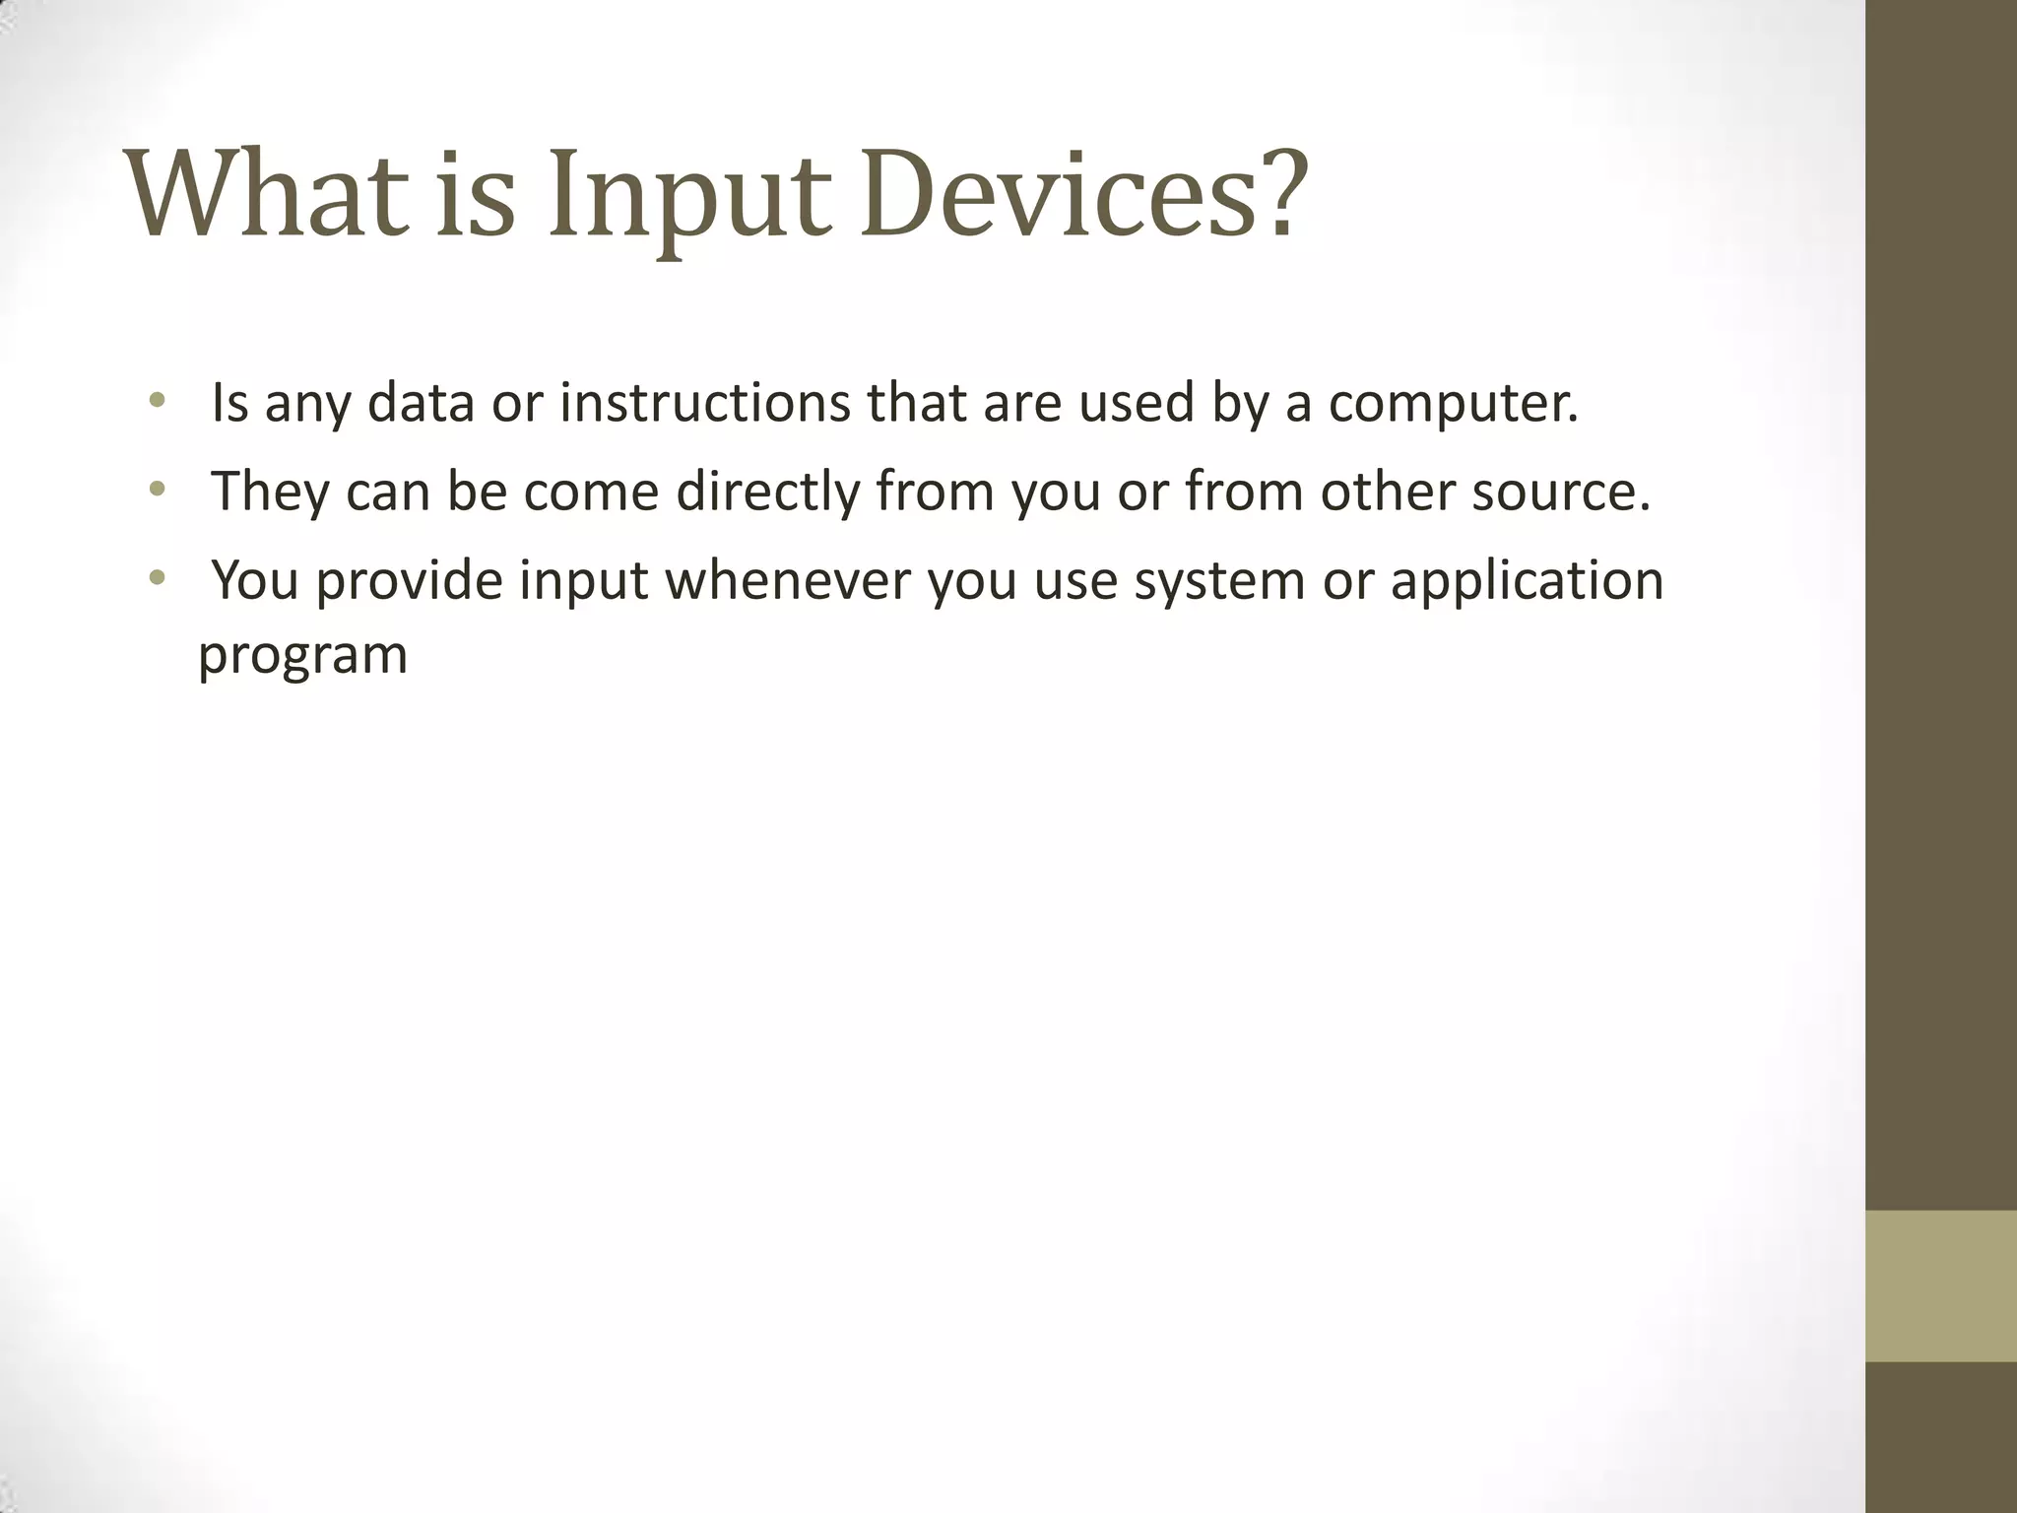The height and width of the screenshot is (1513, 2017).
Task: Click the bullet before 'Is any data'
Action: pos(157,401)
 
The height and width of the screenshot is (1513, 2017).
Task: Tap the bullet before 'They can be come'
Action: pos(157,489)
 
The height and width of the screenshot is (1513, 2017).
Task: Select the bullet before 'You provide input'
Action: pos(157,577)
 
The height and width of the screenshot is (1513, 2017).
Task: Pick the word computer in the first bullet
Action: pos(1452,405)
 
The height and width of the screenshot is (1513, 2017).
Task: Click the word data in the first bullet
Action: pos(421,403)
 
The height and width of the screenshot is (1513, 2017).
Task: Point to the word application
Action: pos(1527,582)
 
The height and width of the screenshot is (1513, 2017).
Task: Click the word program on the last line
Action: pos(302,656)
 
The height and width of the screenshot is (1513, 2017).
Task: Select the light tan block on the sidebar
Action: pos(1940,1285)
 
